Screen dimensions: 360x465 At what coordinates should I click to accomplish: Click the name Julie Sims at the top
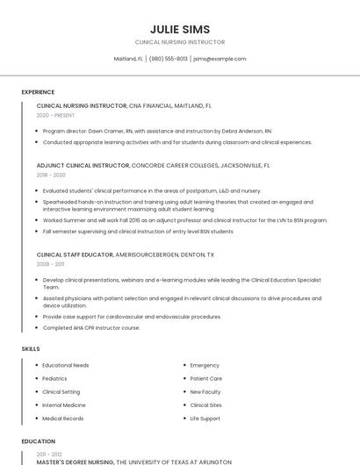tap(180, 29)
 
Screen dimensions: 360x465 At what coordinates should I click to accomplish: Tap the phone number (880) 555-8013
tap(169, 59)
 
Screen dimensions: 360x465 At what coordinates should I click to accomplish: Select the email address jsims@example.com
tap(220, 59)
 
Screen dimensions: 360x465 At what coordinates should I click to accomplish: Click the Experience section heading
tap(38, 92)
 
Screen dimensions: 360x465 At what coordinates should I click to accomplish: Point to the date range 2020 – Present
tap(56, 115)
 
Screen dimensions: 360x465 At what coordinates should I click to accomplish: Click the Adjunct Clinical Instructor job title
tap(83, 165)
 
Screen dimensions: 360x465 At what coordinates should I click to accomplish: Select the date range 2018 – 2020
tap(51, 175)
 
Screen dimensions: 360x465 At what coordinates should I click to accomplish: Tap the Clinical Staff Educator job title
tap(75, 254)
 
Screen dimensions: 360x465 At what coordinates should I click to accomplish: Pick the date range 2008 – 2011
tap(50, 264)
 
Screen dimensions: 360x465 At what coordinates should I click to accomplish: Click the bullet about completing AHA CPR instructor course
tap(91, 328)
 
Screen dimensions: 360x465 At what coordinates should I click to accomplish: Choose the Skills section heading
tap(31, 349)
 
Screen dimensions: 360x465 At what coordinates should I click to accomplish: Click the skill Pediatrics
tap(54, 378)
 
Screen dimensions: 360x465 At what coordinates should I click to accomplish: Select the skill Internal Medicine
tap(64, 405)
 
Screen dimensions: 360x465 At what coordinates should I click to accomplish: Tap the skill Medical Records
tap(62, 418)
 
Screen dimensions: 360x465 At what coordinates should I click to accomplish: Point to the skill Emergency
tap(205, 365)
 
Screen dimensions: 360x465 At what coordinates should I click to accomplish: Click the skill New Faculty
tap(205, 392)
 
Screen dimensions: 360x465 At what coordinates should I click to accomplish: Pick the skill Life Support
tap(205, 418)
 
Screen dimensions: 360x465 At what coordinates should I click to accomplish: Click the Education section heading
tap(38, 441)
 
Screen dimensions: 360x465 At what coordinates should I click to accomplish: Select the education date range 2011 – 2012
tap(49, 454)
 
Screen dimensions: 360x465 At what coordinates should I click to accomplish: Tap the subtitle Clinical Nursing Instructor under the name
tap(180, 42)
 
